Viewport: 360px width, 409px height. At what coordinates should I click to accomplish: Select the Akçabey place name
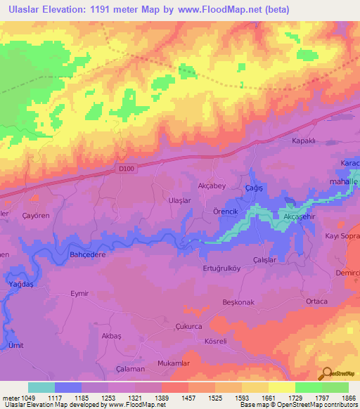pyautogui.click(x=211, y=186)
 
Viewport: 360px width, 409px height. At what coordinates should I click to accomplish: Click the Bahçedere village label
pyautogui.click(x=87, y=254)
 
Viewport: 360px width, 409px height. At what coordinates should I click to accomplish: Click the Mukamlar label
pyautogui.click(x=174, y=363)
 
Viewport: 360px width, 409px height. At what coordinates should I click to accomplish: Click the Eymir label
pyautogui.click(x=80, y=293)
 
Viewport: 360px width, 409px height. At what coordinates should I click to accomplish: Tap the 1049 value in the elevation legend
pyautogui.click(x=20, y=398)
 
